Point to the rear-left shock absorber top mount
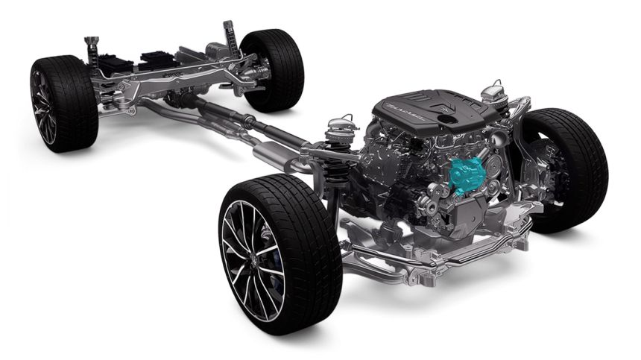pos(91,40)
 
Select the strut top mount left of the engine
pos(340,122)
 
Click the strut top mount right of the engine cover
pos(493,94)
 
